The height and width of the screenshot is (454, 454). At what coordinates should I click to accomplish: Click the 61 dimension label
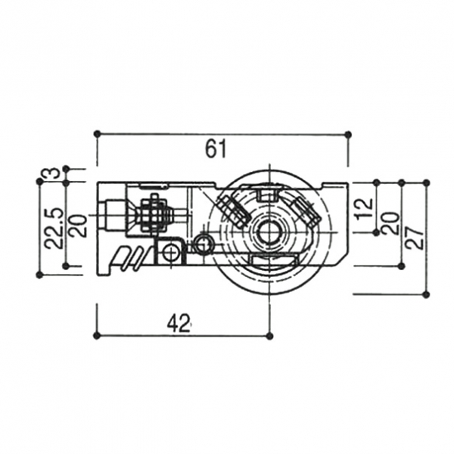point(216,149)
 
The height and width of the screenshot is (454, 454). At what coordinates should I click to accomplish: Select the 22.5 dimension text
point(54,228)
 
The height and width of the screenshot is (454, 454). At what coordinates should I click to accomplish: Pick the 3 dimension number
point(54,173)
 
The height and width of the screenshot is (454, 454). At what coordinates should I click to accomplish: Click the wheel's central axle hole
point(269,232)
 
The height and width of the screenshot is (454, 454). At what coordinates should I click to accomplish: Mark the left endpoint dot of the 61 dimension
point(98,133)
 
